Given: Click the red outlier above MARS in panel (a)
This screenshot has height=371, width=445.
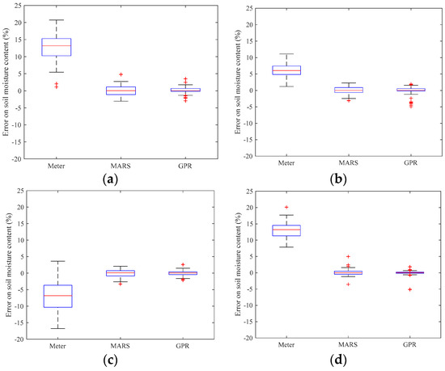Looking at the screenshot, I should pyautogui.click(x=120, y=74).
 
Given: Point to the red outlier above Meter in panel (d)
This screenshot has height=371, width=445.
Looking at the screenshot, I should pyautogui.click(x=286, y=207).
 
